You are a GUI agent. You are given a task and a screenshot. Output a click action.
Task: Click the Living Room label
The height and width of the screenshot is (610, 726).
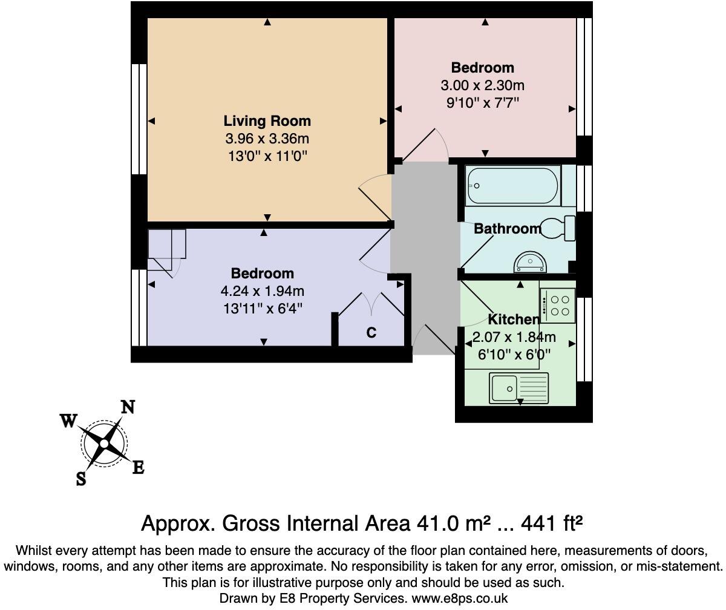click(267, 120)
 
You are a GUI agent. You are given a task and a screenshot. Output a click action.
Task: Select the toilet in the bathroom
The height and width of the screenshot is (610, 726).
click(557, 228)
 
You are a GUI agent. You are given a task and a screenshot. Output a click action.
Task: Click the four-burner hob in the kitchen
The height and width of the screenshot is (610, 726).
click(557, 306)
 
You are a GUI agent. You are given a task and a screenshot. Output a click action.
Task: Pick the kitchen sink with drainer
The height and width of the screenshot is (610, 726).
click(518, 388)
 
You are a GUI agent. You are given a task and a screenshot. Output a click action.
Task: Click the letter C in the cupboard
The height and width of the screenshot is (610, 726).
click(371, 333)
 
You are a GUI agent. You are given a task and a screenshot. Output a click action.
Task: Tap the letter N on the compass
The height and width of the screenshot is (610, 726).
click(128, 407)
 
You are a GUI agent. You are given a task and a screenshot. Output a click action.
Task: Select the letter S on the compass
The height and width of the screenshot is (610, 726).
click(81, 479)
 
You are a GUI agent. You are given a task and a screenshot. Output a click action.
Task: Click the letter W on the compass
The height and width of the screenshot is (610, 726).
click(68, 420)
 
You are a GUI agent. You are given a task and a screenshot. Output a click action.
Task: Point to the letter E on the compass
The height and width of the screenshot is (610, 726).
click(139, 467)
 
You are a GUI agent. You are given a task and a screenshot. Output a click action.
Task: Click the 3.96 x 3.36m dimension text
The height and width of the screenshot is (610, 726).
click(267, 139)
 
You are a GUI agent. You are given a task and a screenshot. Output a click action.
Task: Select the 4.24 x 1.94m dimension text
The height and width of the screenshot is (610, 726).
click(263, 291)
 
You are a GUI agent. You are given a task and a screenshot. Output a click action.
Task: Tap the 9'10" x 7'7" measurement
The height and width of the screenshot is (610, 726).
click(483, 102)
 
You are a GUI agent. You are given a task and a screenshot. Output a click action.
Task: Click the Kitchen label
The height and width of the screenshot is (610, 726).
click(514, 320)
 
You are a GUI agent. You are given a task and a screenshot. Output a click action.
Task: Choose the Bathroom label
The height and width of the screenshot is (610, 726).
click(507, 229)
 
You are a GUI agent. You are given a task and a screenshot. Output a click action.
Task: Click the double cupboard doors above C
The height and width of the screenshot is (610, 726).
click(371, 304)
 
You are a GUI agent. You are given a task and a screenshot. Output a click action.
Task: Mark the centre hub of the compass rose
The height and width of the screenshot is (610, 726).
click(104, 444)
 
